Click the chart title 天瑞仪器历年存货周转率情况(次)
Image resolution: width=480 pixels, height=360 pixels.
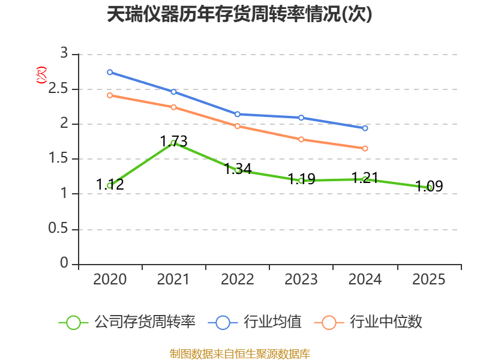(239, 14)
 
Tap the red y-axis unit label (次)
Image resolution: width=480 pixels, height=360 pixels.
(41, 75)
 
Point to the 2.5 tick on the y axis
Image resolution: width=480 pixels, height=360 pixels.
(58, 89)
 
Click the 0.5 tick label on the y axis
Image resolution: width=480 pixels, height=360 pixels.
(58, 229)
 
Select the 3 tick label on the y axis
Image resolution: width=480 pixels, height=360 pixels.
(64, 53)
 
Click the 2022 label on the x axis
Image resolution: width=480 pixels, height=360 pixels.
(237, 280)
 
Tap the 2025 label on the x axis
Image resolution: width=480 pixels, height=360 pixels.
(428, 280)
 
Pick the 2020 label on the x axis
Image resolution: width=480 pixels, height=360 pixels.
(110, 280)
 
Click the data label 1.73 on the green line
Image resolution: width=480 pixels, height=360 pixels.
(173, 142)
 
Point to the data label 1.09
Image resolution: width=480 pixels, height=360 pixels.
(429, 186)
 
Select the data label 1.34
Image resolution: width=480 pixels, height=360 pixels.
(238, 169)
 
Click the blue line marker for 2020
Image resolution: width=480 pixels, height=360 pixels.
(110, 72)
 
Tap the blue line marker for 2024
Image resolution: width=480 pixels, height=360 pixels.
(365, 128)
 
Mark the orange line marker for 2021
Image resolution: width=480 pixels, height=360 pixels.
(173, 107)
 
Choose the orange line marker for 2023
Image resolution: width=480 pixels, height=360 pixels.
(301, 140)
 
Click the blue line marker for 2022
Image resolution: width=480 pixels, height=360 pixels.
(237, 114)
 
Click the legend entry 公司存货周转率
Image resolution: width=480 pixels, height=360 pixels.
(127, 322)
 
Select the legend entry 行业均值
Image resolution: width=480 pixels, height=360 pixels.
(254, 322)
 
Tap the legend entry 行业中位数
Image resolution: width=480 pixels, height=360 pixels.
(368, 322)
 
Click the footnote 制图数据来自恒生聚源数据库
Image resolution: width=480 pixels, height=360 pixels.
(239, 354)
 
